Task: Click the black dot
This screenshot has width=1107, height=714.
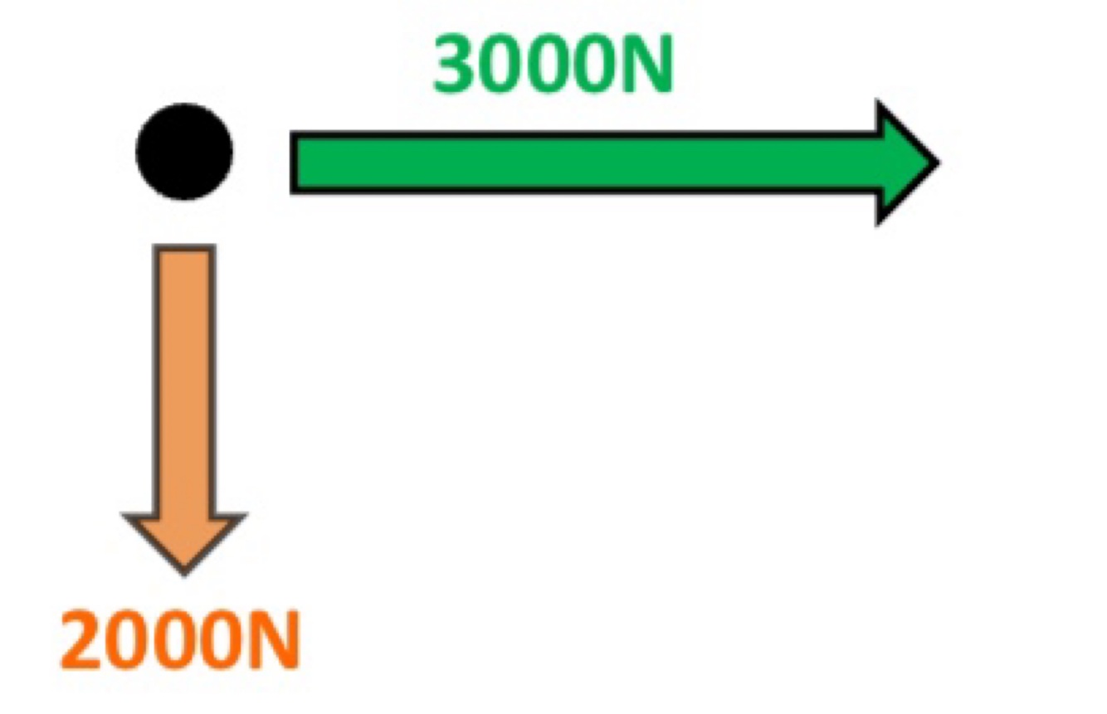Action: (x=184, y=152)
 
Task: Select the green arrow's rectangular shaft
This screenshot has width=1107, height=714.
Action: (x=581, y=163)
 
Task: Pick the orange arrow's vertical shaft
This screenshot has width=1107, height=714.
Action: (x=184, y=373)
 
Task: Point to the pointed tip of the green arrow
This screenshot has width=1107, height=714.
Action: (x=937, y=163)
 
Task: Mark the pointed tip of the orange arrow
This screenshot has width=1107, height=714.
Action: (x=184, y=571)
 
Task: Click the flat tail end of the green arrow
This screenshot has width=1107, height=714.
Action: (x=293, y=163)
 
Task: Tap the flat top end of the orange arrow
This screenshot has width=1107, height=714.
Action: (x=184, y=248)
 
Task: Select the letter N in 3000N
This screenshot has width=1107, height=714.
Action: (x=644, y=66)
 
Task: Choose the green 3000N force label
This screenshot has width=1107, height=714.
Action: (x=552, y=66)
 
